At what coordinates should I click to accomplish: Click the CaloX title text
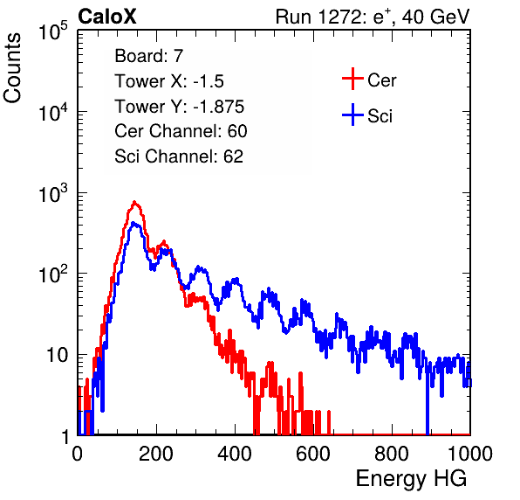(x=106, y=17)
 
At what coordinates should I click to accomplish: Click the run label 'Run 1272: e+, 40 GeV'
(x=373, y=17)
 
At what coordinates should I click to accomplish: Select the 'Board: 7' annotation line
(x=148, y=56)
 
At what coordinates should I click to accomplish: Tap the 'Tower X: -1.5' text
(x=169, y=81)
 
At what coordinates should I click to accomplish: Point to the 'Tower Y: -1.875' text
(x=180, y=107)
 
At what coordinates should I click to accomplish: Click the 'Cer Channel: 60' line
(x=181, y=131)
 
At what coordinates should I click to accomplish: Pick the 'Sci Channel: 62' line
(x=179, y=156)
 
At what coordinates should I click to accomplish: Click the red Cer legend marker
(x=352, y=79)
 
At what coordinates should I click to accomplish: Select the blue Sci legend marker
(x=352, y=115)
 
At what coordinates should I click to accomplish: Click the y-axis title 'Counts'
(x=12, y=68)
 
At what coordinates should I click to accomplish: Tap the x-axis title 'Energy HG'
(x=411, y=479)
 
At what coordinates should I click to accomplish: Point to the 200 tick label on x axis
(x=156, y=454)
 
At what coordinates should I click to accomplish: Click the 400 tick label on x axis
(x=235, y=454)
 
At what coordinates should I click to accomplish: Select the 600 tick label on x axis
(x=313, y=454)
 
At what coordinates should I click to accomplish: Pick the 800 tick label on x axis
(x=392, y=454)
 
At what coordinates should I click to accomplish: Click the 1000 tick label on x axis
(x=469, y=454)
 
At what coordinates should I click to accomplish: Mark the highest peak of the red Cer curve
(x=134, y=202)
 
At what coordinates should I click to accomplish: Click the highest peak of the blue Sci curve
(x=133, y=223)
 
